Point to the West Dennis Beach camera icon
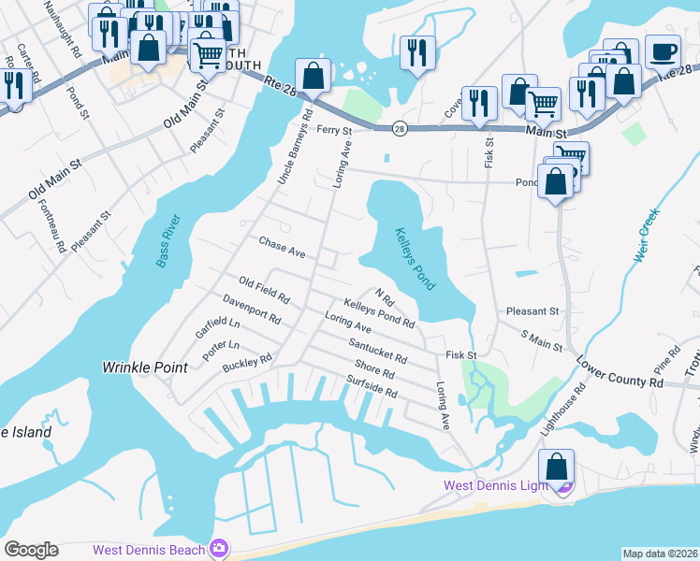(x=218, y=547)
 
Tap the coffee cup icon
(x=663, y=51)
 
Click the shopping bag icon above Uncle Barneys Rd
(x=313, y=77)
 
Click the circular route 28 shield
(x=400, y=129)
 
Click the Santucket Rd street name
(x=377, y=351)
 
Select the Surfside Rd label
(x=372, y=386)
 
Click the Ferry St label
(x=333, y=130)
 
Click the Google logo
(x=31, y=550)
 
